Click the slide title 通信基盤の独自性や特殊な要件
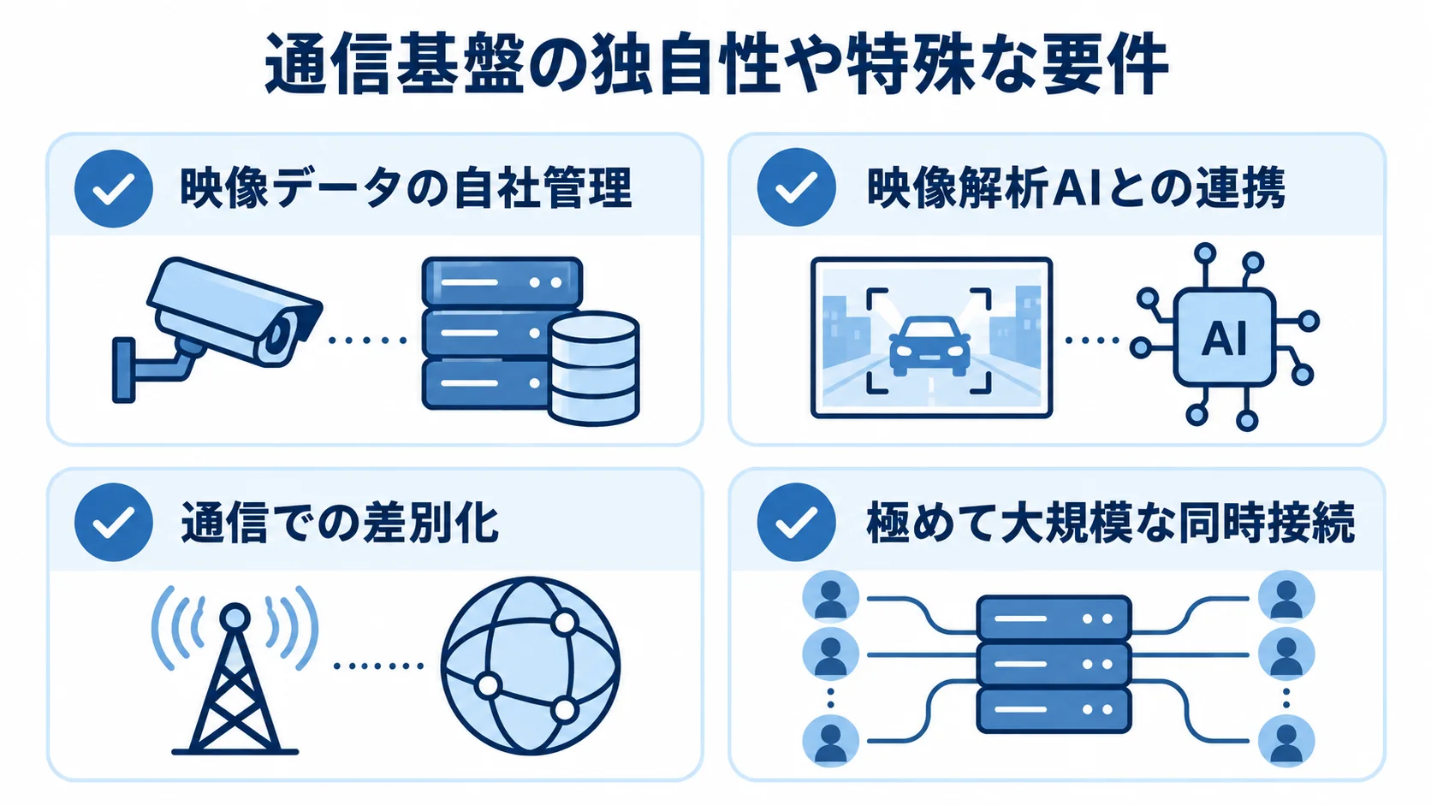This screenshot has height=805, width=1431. [715, 64]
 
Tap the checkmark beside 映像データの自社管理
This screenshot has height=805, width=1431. [114, 188]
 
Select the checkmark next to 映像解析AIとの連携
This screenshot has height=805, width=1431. [796, 187]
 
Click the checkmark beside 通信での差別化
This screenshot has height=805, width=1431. [114, 522]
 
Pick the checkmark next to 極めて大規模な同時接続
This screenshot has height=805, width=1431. [796, 522]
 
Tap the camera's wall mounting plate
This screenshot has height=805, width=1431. [124, 370]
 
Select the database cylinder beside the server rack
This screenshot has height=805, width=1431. [593, 369]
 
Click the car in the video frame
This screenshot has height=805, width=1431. [929, 346]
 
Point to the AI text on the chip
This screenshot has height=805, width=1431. [1223, 339]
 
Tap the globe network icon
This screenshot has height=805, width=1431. [531, 666]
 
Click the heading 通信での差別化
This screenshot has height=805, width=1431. [339, 523]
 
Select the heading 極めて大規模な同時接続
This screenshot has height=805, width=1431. [1110, 523]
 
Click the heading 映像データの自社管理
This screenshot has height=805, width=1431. [406, 188]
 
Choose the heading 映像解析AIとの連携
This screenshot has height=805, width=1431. [1076, 187]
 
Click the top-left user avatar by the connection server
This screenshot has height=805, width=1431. [830, 598]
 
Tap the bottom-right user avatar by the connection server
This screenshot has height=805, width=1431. [1286, 741]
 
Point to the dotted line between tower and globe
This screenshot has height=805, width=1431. [378, 666]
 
